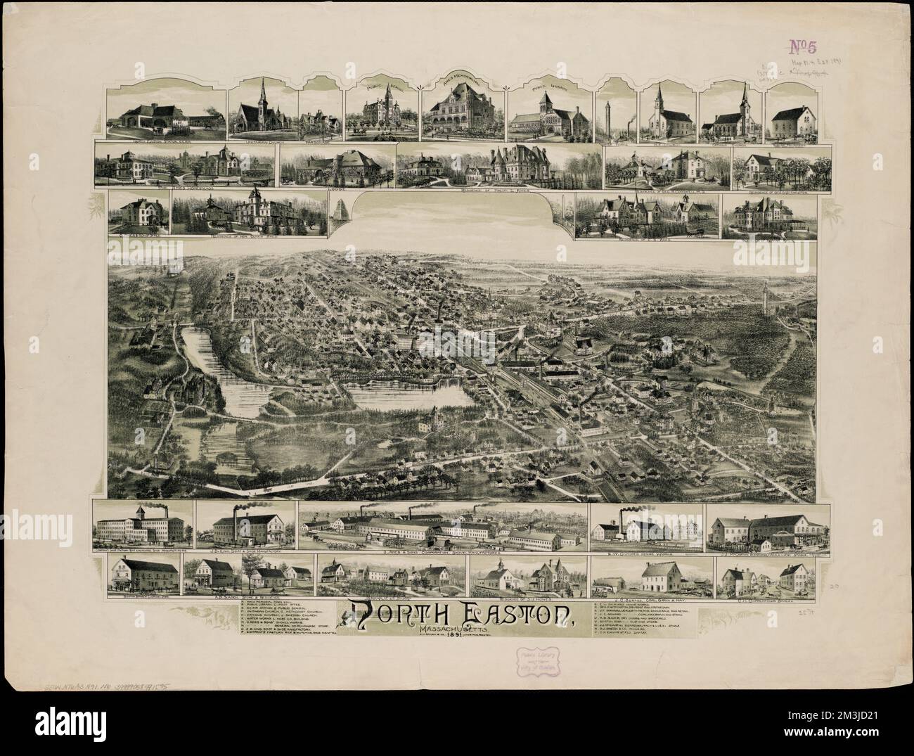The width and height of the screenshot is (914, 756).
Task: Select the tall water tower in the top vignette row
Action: pos(607,113)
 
